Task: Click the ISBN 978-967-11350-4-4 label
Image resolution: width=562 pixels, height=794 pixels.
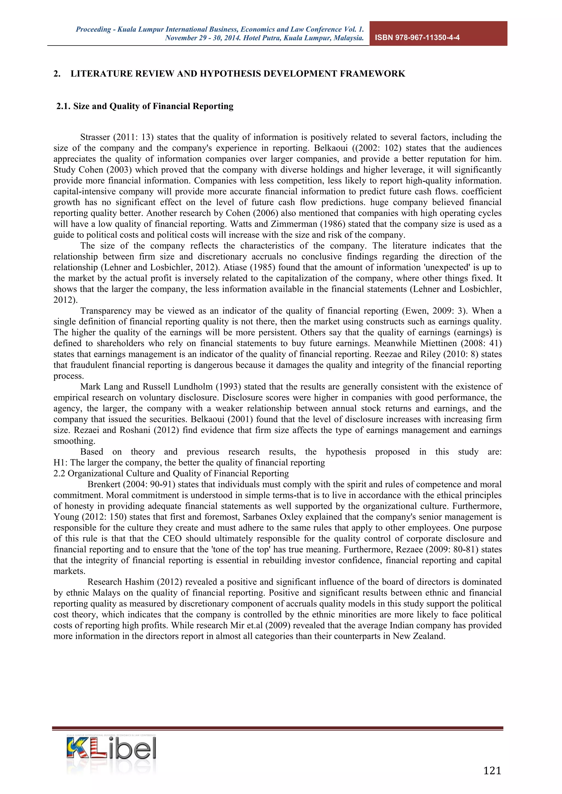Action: click(417, 38)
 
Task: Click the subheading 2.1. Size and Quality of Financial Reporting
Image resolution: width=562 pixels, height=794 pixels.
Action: click(145, 106)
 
